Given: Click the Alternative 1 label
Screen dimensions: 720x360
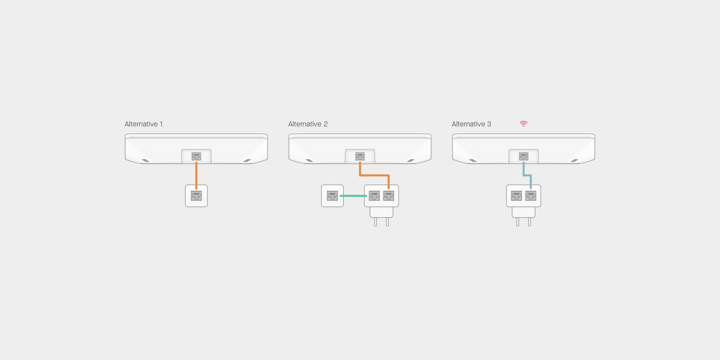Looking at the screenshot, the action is [144, 124].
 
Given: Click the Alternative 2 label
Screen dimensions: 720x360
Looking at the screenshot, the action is [308, 124].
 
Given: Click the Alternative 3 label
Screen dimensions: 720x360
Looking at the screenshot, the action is [471, 124].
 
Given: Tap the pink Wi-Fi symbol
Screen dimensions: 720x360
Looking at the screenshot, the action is [523, 124].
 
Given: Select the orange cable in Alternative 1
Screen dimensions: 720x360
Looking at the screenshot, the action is [196, 175].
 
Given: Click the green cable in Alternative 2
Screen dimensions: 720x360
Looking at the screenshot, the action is [353, 196].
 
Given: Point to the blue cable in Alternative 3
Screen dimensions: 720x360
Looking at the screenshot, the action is [527, 175].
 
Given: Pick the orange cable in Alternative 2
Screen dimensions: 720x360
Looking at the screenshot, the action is [374, 175].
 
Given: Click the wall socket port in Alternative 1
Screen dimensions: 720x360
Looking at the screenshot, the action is [196, 196].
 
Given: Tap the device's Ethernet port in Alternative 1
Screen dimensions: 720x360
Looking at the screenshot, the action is [196, 156].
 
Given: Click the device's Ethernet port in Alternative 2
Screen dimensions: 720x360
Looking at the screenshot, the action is [360, 156].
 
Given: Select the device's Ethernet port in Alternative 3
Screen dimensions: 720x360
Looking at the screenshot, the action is [523, 156].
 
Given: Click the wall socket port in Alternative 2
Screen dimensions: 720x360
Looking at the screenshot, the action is [332, 196].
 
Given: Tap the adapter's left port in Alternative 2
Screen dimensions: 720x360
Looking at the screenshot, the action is [374, 196].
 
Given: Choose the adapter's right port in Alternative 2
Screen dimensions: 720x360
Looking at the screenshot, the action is [388, 196].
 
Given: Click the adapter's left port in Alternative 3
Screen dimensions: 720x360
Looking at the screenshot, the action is [516, 196].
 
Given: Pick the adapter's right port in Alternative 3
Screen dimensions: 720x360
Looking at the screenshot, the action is [531, 196].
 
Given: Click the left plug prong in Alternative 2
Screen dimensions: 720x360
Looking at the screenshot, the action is [375, 222].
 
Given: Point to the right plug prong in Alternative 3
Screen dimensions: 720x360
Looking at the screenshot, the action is [529, 222].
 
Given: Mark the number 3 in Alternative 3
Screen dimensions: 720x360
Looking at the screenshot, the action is [489, 124].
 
